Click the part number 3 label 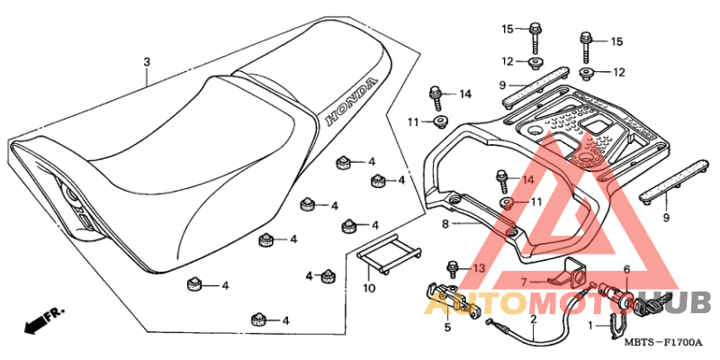(x=147, y=62)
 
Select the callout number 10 (x=369, y=289)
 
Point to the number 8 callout (x=445, y=225)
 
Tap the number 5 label (x=447, y=328)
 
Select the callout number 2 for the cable (x=534, y=319)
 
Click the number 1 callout (x=592, y=326)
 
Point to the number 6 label (x=626, y=269)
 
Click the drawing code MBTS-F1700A (x=663, y=343)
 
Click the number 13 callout (x=479, y=267)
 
